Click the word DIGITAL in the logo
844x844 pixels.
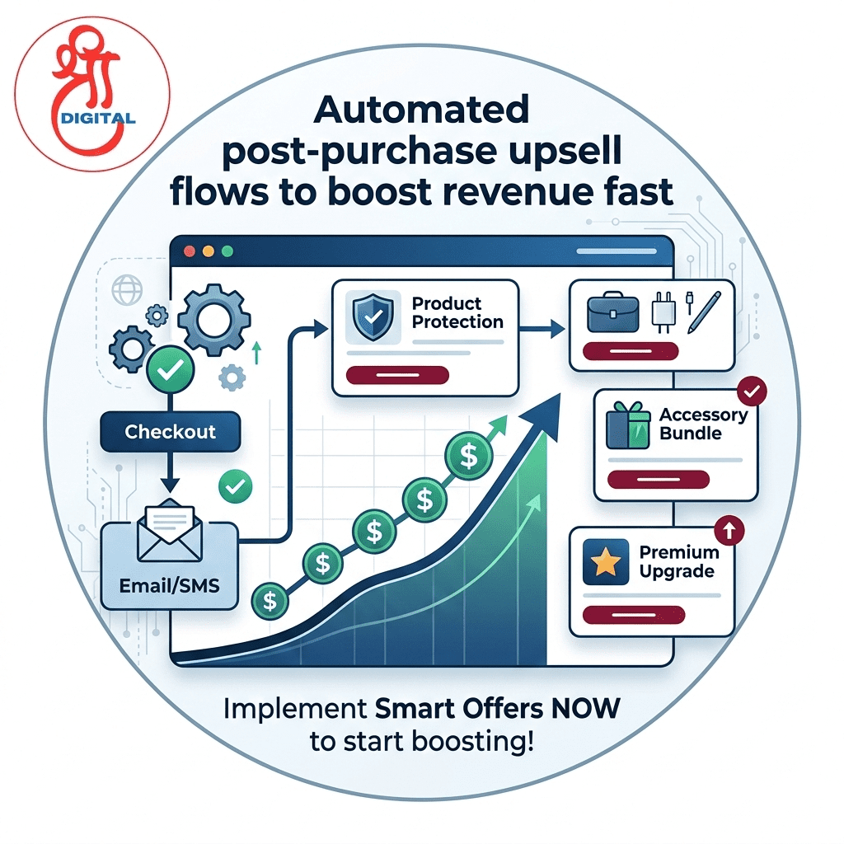[x=98, y=117]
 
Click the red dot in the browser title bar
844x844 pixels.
[x=188, y=251]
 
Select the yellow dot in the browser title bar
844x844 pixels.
[x=207, y=251]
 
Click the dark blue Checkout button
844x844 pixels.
[x=170, y=431]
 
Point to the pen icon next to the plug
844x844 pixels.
[x=702, y=312]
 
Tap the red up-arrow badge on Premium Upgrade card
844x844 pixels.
[x=730, y=530]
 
